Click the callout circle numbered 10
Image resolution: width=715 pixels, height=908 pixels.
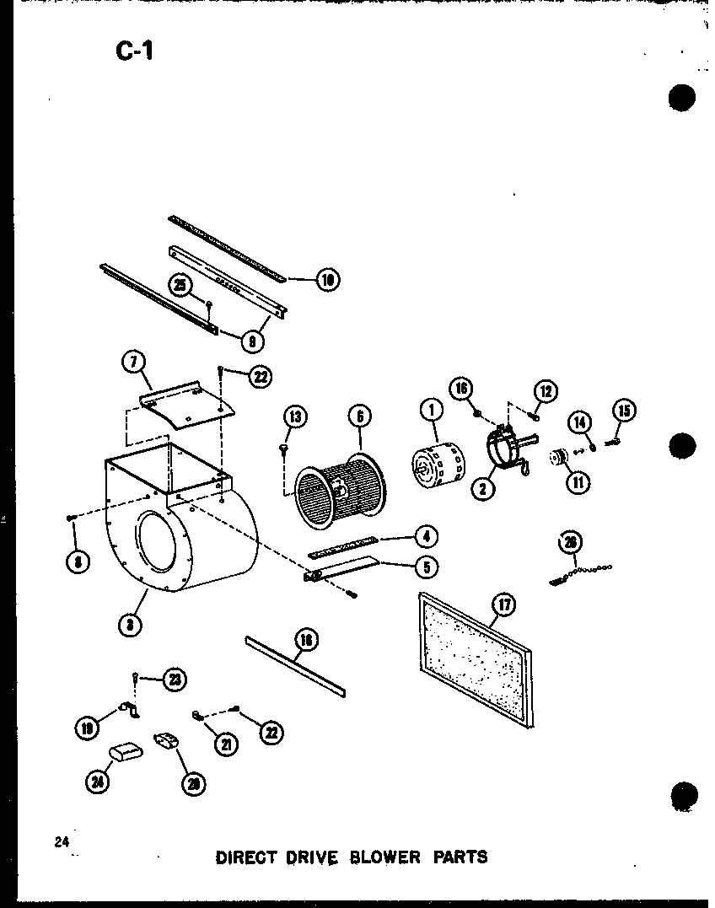tap(325, 279)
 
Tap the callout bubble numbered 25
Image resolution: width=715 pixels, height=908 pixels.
tap(180, 284)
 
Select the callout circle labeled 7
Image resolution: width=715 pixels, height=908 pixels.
tap(132, 363)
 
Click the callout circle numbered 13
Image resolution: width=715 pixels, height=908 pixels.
tap(296, 416)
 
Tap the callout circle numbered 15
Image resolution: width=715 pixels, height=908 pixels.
tap(624, 411)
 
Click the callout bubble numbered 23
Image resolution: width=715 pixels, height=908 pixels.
tap(175, 680)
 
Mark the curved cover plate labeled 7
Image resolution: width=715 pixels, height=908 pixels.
tap(186, 402)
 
